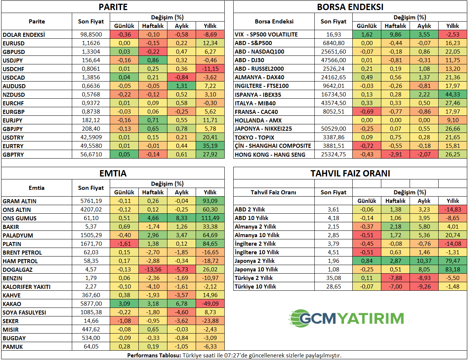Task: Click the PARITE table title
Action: [x=113, y=7]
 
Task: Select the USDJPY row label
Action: [x=13, y=60]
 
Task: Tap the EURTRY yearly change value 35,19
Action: [x=210, y=146]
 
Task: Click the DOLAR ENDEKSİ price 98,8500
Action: [x=91, y=34]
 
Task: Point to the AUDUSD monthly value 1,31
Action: [x=182, y=86]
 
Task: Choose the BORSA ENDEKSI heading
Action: [x=350, y=7]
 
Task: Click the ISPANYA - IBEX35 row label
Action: [x=258, y=95]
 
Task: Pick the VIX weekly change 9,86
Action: [x=395, y=34]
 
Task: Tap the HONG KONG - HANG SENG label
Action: [x=270, y=154]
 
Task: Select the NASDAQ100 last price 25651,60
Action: [x=333, y=52]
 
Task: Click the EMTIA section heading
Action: [x=113, y=173]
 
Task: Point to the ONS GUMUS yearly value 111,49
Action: [x=210, y=218]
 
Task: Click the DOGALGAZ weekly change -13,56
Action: [x=153, y=270]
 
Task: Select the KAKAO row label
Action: [x=12, y=304]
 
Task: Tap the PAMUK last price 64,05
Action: [x=91, y=347]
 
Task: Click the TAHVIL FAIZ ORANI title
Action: [x=350, y=173]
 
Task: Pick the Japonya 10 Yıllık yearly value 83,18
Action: [x=453, y=270]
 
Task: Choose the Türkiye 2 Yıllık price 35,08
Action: [x=333, y=278]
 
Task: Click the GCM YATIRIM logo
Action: [x=346, y=318]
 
